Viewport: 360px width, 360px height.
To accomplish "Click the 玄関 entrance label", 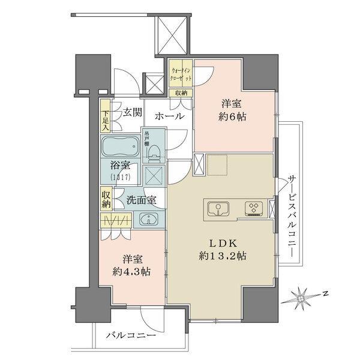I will [133, 112].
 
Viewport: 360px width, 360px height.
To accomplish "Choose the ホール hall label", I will [169, 116].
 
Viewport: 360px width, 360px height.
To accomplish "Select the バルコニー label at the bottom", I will [131, 335].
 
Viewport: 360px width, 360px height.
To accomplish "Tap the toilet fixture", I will [154, 154].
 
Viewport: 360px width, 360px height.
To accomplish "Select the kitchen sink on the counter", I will [218, 209].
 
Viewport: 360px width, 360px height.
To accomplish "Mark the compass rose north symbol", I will [304, 296].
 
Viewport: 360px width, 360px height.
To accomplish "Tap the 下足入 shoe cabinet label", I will [106, 119].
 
